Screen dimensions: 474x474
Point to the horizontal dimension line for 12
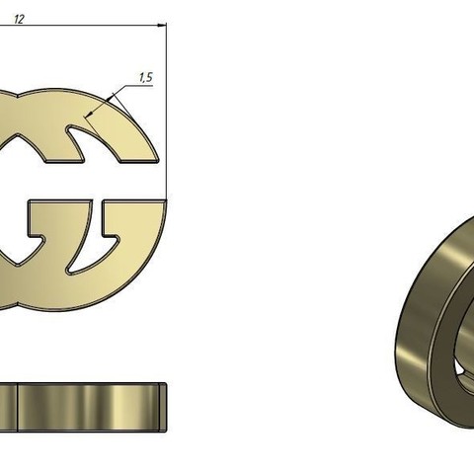[x=89, y=29]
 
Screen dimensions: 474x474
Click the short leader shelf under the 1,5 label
[x=144, y=86]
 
